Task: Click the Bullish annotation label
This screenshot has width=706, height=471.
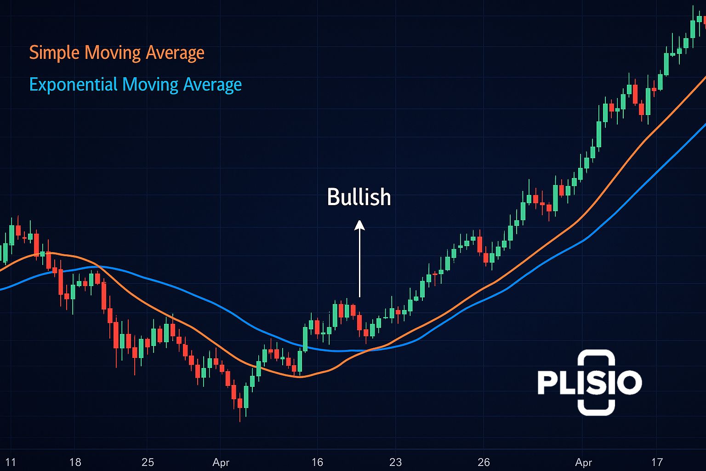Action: [359, 197]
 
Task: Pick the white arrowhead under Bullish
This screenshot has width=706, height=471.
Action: [359, 225]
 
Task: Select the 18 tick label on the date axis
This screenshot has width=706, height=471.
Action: [75, 462]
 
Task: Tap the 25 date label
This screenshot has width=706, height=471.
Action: [148, 462]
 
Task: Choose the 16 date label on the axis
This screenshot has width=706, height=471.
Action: [317, 462]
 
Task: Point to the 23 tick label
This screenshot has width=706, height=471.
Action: [395, 462]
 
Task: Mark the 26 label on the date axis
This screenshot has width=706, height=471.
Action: [484, 462]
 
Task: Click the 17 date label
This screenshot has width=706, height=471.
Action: [657, 462]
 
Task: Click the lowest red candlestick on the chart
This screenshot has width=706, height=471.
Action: [240, 403]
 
